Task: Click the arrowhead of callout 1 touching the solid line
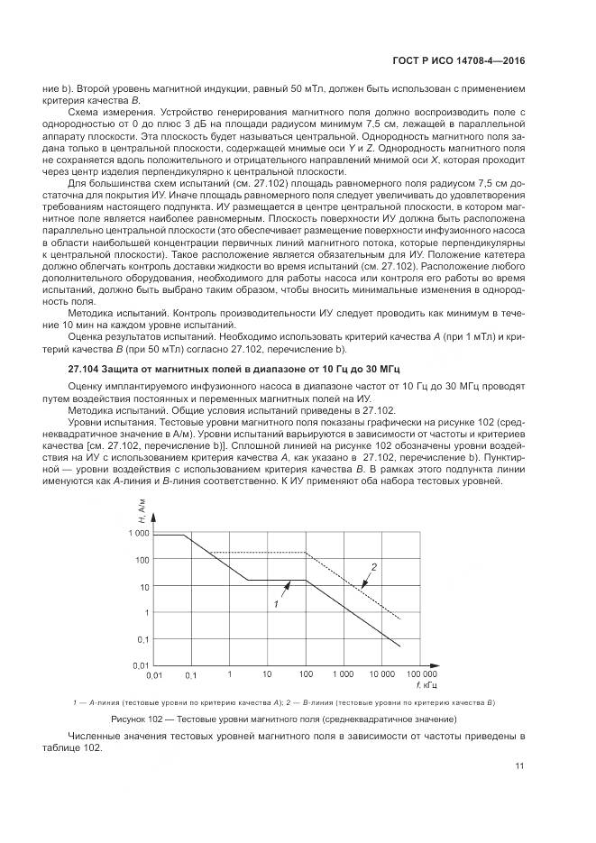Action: click(289, 582)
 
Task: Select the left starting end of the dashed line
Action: click(209, 552)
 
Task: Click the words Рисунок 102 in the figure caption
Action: click(136, 719)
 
